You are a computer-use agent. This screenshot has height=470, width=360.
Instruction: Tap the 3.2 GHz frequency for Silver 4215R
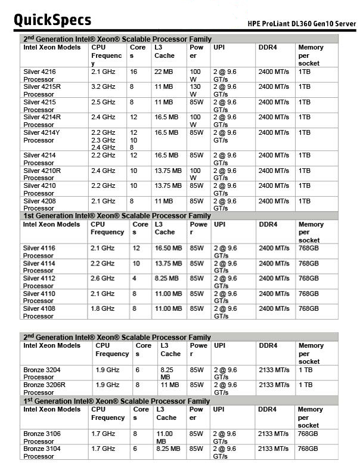(x=103, y=86)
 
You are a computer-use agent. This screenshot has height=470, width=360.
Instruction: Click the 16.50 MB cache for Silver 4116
(x=169, y=248)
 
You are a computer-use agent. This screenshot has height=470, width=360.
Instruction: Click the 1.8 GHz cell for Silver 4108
(x=103, y=308)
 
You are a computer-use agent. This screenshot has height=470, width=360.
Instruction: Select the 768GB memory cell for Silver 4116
(x=309, y=248)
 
